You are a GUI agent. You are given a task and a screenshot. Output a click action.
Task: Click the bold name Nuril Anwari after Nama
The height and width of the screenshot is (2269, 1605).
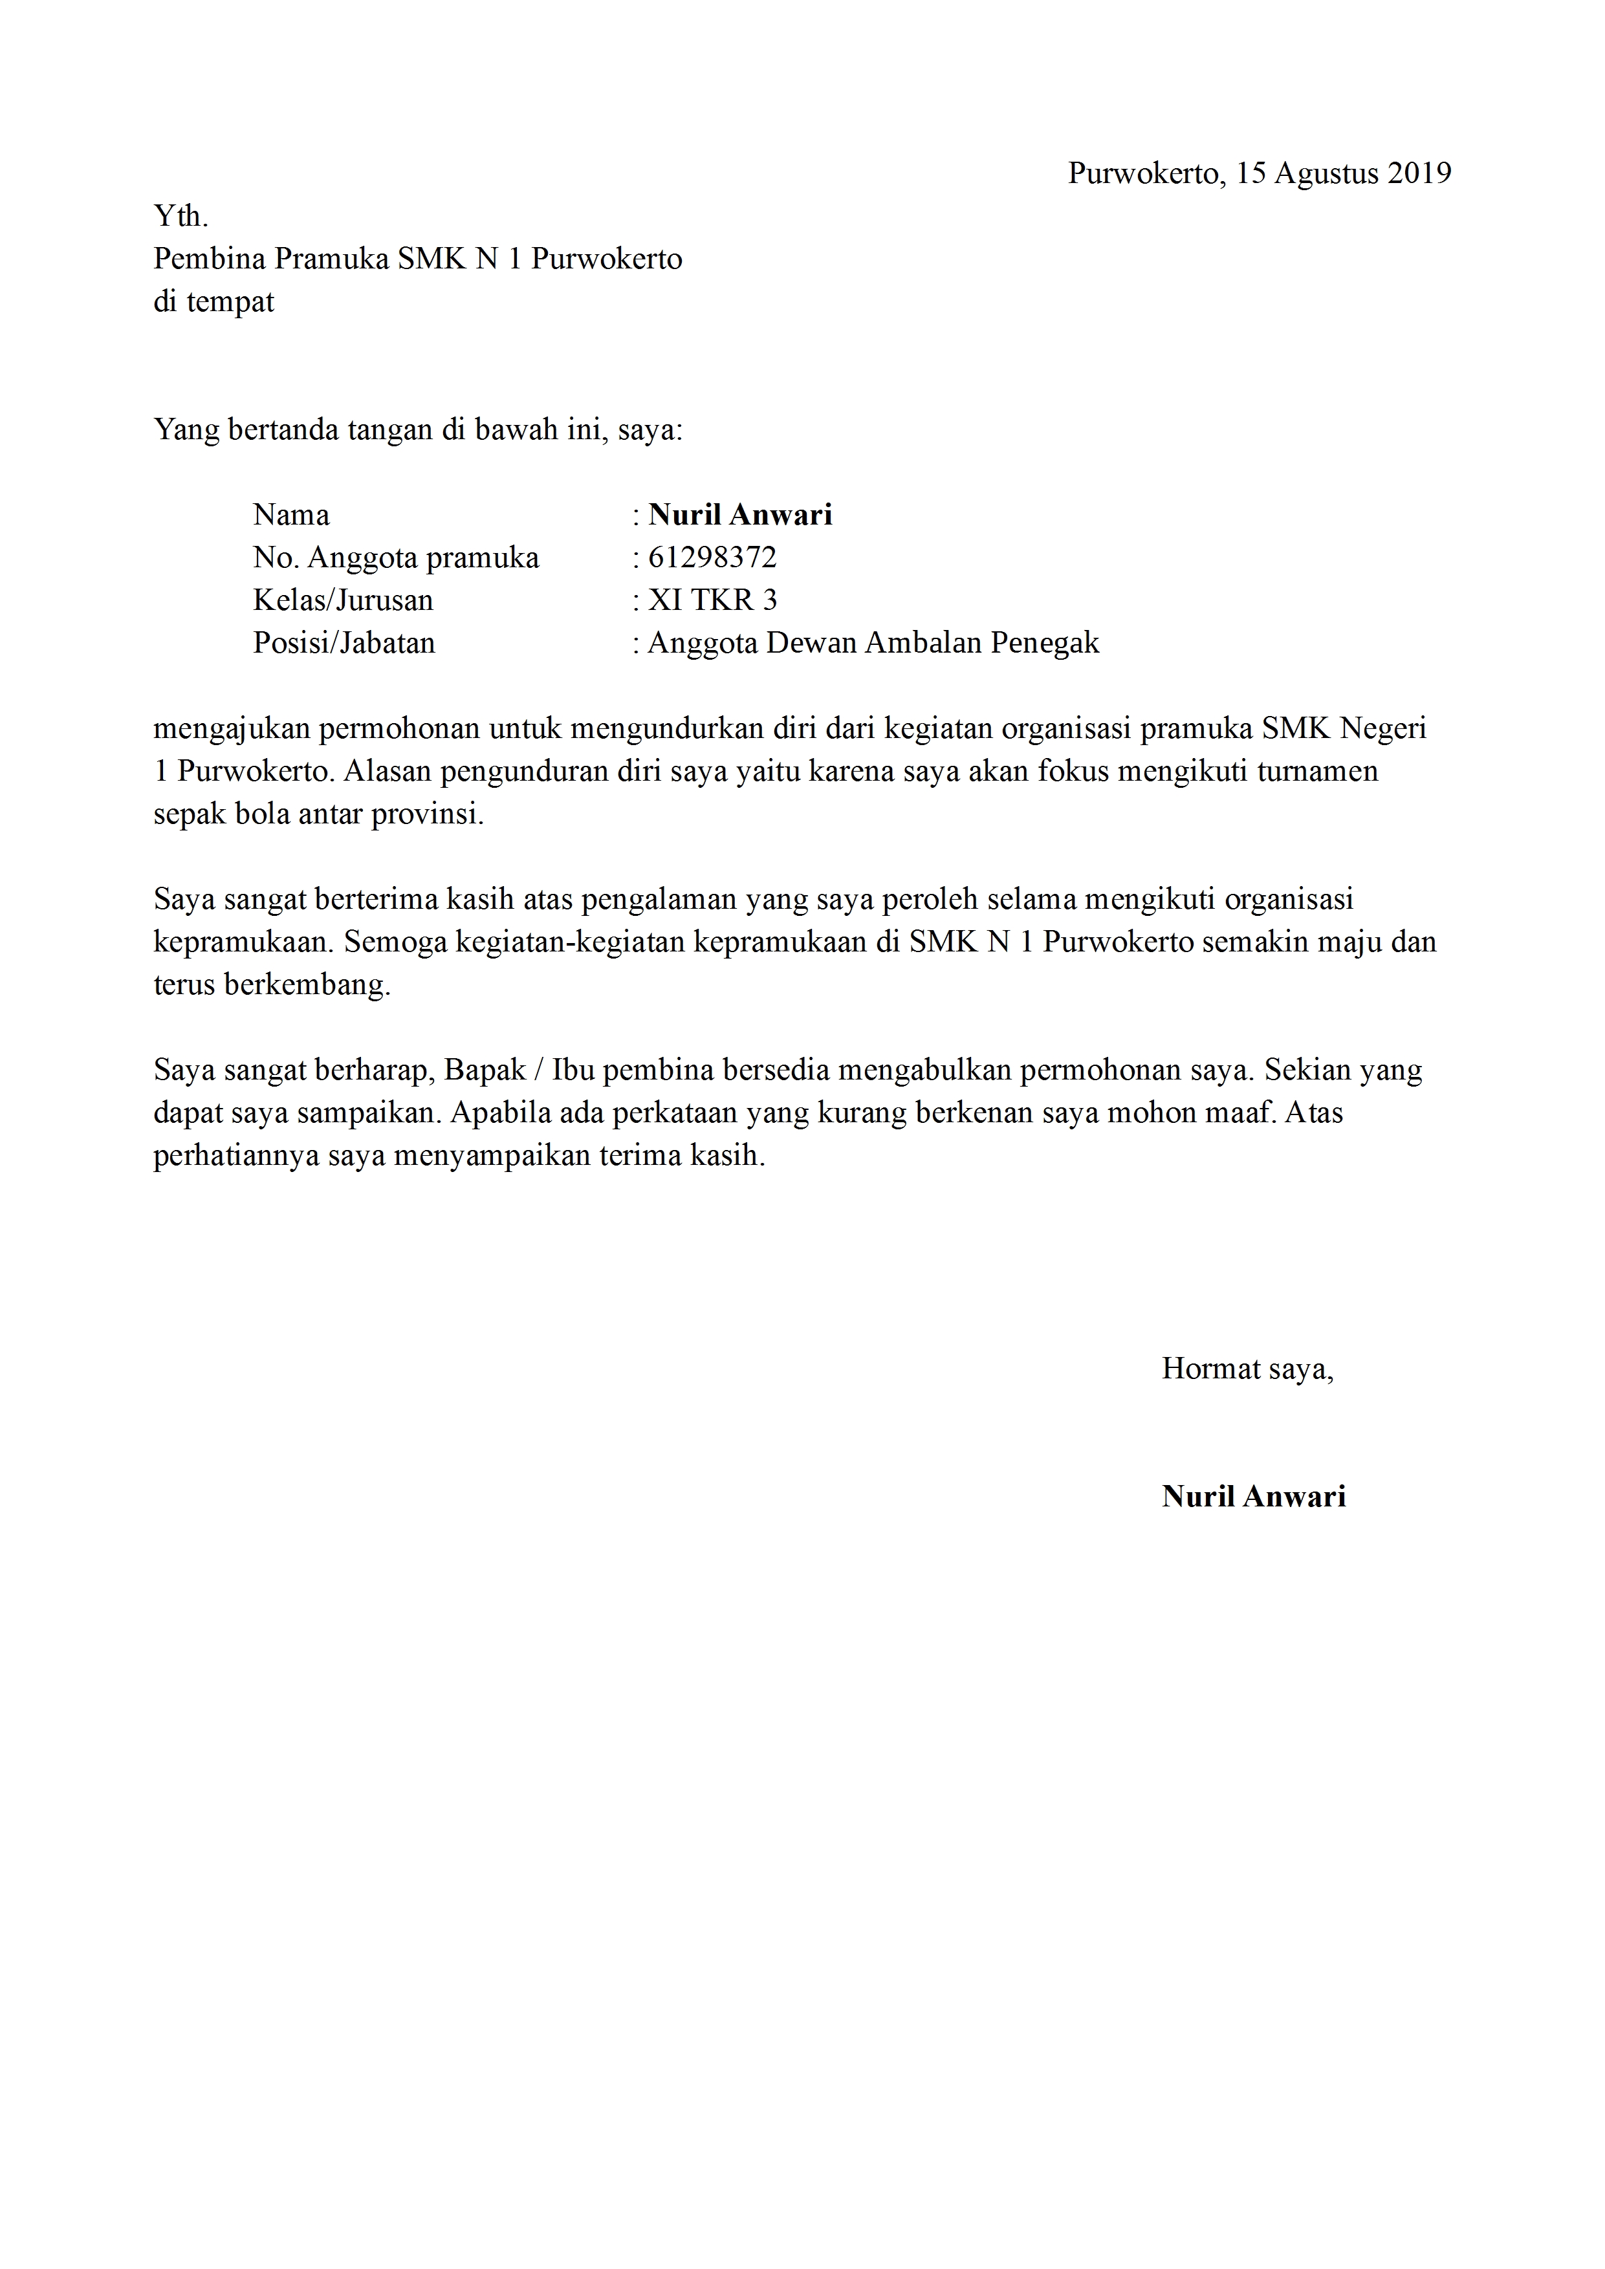(x=740, y=515)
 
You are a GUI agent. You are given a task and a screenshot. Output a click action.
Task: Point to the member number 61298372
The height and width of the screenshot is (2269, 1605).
(x=712, y=558)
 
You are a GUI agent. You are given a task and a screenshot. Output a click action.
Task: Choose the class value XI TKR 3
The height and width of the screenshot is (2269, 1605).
(x=712, y=600)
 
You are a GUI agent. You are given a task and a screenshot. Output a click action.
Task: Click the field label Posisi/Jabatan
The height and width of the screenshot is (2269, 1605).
(x=344, y=644)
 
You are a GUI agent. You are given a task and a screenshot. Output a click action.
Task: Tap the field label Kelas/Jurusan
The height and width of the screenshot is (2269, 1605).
(x=343, y=600)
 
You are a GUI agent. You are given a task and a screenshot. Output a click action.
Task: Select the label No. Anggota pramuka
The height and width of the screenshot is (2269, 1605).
(x=395, y=558)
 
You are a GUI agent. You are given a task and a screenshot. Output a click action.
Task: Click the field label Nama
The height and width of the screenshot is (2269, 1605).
(x=292, y=515)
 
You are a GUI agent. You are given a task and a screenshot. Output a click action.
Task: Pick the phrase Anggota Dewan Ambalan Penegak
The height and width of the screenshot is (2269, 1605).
(x=873, y=644)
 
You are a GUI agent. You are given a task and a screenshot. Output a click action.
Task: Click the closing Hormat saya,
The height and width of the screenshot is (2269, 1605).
(x=1247, y=1369)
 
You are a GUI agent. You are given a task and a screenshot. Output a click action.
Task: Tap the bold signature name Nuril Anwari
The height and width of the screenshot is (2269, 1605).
(x=1253, y=1496)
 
